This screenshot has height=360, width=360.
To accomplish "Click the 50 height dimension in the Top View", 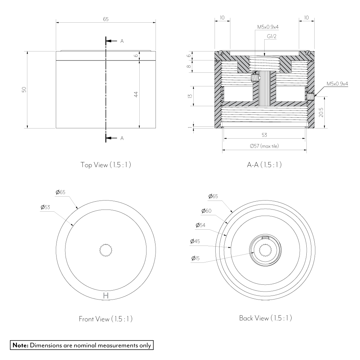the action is coord(24,90).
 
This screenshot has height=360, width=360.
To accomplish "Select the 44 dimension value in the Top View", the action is coord(136,94).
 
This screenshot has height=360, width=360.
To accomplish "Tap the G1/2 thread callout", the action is coord(271,36).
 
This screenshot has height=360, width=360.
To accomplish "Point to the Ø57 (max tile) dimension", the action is coord(264,146).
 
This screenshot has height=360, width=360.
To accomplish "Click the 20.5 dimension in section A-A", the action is coord(321,112).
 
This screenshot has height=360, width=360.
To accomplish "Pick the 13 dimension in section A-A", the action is coord(190,96).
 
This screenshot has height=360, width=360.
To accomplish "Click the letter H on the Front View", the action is coord(105,296).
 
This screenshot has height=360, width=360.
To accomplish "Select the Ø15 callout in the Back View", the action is coord(195,258).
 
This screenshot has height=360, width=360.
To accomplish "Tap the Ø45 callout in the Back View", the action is coord(195,241).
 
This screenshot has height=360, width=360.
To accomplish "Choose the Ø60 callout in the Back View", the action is coord(206,211).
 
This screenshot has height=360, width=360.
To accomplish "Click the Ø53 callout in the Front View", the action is coord(45,207).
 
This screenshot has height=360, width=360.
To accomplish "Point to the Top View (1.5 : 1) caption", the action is coord(105,165).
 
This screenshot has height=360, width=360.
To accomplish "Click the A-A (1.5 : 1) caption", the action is coord(264,165).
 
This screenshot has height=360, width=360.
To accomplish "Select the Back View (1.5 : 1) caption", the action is coord(265,318).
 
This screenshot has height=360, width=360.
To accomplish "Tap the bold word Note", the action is coord(21,345).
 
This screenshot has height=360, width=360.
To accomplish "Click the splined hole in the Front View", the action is coord(105,250).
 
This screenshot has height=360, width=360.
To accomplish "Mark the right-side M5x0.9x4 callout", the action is coord(337,84).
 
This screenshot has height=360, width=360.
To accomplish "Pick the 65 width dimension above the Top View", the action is coord(105,19).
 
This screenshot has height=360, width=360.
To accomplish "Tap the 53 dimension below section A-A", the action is coord(264,135).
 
